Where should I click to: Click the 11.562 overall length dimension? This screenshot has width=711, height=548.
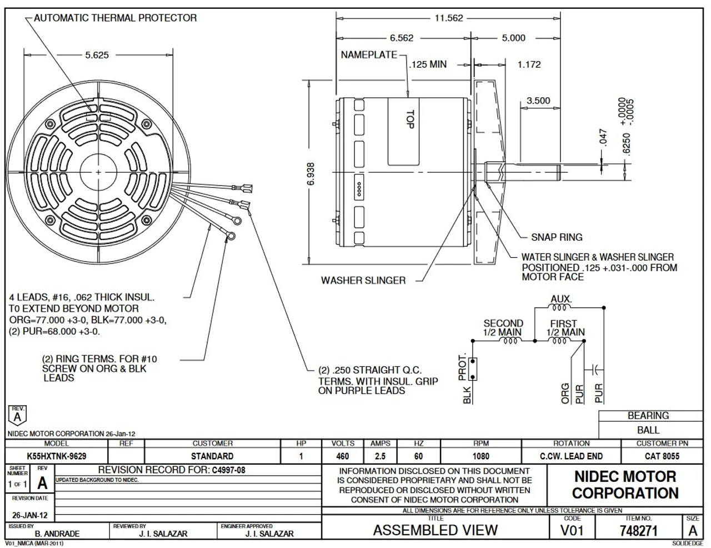pos(448,18)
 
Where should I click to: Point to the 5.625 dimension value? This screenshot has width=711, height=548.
pos(97,55)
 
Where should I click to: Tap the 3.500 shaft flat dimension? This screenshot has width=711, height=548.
pos(538,101)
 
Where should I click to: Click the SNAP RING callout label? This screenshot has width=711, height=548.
pos(557,237)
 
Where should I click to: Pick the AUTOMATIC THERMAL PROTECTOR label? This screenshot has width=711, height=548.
pos(115,18)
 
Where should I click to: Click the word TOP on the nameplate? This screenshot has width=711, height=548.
pos(410,119)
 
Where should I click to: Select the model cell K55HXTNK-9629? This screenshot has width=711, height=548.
pos(57,456)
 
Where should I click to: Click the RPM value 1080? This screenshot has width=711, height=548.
pos(480,456)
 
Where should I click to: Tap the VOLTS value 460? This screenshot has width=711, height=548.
pos(343,456)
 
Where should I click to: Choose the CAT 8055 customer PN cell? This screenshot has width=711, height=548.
pos(662,456)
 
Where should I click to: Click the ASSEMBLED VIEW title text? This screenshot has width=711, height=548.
pos(435,530)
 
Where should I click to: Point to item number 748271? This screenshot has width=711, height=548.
pos(638,531)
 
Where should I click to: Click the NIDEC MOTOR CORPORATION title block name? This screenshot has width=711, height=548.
pos(625,485)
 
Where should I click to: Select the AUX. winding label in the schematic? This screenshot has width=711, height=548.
pos(561,298)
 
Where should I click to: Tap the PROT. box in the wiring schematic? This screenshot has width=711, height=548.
pos(473,367)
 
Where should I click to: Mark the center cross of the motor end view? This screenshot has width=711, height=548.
pos(98,172)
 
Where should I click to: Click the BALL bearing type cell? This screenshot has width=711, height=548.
pos(648,430)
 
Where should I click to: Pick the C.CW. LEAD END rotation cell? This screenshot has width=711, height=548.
pos(571,456)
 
